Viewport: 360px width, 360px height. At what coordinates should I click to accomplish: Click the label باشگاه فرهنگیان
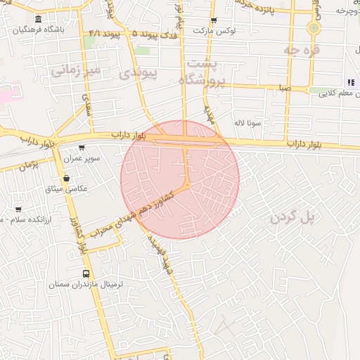click(45, 30)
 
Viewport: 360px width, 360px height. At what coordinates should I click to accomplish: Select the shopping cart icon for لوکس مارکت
click(214, 20)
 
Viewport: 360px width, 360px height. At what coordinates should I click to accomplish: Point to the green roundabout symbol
click(314, 28)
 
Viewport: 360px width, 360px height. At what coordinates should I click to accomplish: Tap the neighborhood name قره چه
click(302, 50)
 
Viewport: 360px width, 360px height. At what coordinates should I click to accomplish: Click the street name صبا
click(284, 89)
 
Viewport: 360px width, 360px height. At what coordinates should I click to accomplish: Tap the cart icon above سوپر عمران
click(82, 148)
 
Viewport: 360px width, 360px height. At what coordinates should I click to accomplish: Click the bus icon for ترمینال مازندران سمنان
click(86, 274)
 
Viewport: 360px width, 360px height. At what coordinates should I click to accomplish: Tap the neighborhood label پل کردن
click(293, 217)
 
